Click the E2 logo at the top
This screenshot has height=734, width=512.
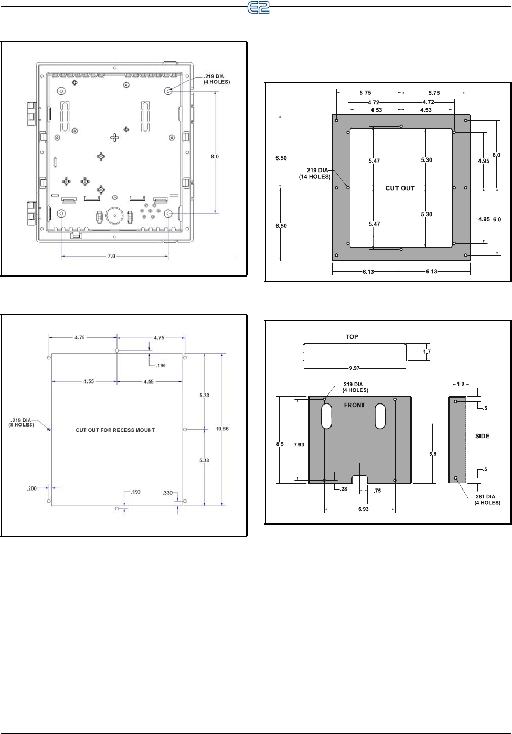pyautogui.click(x=258, y=7)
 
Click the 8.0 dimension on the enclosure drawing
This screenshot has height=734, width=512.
pyautogui.click(x=215, y=157)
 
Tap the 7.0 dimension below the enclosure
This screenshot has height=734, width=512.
pyautogui.click(x=111, y=256)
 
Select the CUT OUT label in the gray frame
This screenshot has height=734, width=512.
pyautogui.click(x=400, y=188)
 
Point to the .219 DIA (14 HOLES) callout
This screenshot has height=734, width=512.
pyautogui.click(x=315, y=173)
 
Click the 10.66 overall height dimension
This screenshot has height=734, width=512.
pyautogui.click(x=222, y=429)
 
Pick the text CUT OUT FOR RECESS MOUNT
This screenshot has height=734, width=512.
pyautogui.click(x=115, y=430)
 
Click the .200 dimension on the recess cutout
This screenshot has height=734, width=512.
pyautogui.click(x=32, y=488)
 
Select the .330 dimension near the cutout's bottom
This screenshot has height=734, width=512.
pyautogui.click(x=168, y=493)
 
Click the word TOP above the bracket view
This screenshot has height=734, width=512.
pyautogui.click(x=351, y=337)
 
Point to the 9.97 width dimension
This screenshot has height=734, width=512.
pyautogui.click(x=354, y=368)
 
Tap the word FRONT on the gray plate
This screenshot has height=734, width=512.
pyautogui.click(x=354, y=405)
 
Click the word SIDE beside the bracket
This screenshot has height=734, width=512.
pyautogui.click(x=482, y=436)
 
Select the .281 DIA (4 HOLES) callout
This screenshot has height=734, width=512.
pyautogui.click(x=487, y=499)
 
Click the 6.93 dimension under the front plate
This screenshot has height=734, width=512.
pyautogui.click(x=364, y=509)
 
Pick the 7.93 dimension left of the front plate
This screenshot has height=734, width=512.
pyautogui.click(x=298, y=445)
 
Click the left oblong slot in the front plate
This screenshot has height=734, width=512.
pyautogui.click(x=327, y=416)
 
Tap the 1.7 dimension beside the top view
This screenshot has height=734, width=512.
pyautogui.click(x=426, y=352)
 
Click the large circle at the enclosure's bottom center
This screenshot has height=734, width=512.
pyautogui.click(x=115, y=215)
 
